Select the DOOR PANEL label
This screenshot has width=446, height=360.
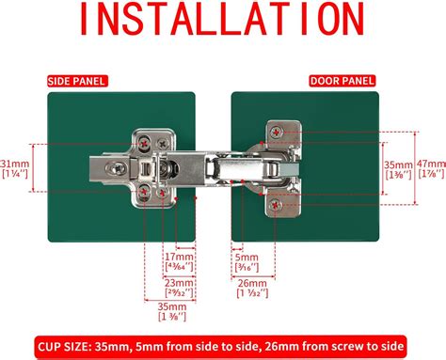click(336, 81)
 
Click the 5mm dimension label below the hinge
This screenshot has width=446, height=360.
click(247, 256)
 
